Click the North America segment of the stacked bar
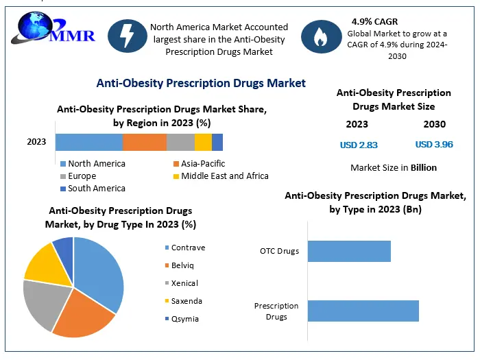(x=88, y=142)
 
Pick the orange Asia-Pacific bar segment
(x=145, y=142)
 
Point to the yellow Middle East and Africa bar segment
(x=203, y=142)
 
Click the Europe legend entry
(x=83, y=176)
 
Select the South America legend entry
(x=97, y=189)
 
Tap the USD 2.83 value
(x=359, y=145)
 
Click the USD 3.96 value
(x=434, y=145)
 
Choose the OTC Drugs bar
(x=349, y=251)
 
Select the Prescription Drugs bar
(x=363, y=311)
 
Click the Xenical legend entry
(x=184, y=283)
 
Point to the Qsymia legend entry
(x=183, y=319)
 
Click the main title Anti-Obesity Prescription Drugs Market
(x=201, y=83)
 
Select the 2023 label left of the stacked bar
(x=36, y=142)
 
